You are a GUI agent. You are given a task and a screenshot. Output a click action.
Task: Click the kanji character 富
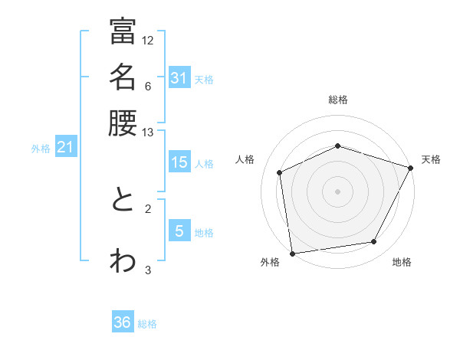pyautogui.click(x=123, y=31)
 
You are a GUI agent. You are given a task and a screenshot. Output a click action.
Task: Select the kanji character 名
pyautogui.click(x=123, y=77)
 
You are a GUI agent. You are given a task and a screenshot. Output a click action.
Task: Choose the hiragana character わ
pyautogui.click(x=123, y=260)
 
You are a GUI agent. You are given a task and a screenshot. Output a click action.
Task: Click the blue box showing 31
pyautogui.click(x=179, y=78)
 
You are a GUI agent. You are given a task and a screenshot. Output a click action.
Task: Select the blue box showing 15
pyautogui.click(x=179, y=162)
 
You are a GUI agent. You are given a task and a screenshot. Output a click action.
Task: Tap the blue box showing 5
pyautogui.click(x=179, y=231)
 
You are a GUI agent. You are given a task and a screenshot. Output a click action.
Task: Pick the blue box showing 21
pyautogui.click(x=65, y=148)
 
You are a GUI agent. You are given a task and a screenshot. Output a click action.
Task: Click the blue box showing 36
pyautogui.click(x=123, y=323)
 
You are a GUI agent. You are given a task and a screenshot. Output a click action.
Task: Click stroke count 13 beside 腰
pyautogui.click(x=148, y=133)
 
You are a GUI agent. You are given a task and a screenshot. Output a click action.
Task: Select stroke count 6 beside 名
pyautogui.click(x=148, y=86)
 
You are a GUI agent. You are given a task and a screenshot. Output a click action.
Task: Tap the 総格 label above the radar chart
pyautogui.click(x=338, y=100)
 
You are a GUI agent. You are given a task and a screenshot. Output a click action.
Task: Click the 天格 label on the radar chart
pyautogui.click(x=431, y=159)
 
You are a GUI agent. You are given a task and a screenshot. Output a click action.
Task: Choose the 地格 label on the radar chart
pyautogui.click(x=402, y=262)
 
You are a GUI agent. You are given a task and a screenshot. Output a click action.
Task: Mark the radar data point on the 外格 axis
pyautogui.click(x=292, y=253)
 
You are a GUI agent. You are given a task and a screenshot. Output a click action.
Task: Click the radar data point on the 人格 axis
pyautogui.click(x=280, y=172)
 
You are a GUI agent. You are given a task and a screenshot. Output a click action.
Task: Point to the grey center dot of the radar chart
pyautogui.click(x=337, y=191)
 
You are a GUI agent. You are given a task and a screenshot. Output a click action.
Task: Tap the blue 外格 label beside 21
pyautogui.click(x=40, y=149)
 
